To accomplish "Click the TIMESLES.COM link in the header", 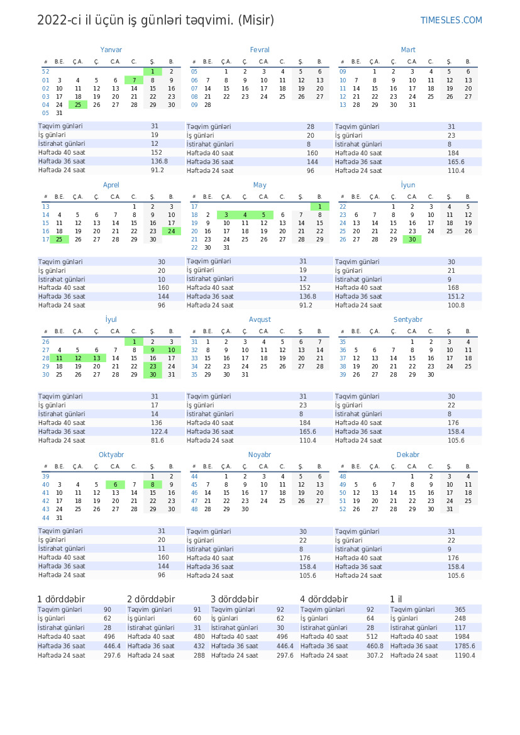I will pyautogui.click(x=451, y=21).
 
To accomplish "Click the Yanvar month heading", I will pyautogui.click(x=111, y=50).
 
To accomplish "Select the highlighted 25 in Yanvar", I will pyautogui.click(x=78, y=104).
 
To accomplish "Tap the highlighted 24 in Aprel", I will pyautogui.click(x=171, y=231).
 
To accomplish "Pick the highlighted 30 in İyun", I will pyautogui.click(x=412, y=240).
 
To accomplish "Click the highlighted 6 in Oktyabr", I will pyautogui.click(x=115, y=485).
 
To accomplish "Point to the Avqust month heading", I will pyautogui.click(x=260, y=319).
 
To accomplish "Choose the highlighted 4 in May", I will pyautogui.click(x=245, y=215).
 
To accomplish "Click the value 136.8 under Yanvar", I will pyautogui.click(x=160, y=162).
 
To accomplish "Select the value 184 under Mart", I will pyautogui.click(x=453, y=153).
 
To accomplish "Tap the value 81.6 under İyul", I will pyautogui.click(x=157, y=440).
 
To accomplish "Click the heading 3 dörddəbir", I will pyautogui.click(x=235, y=599).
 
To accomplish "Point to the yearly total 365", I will pyautogui.click(x=460, y=610).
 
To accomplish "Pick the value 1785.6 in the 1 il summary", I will pyautogui.click(x=465, y=646).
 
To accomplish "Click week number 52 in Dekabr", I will pyautogui.click(x=343, y=509).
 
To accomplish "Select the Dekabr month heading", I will pyautogui.click(x=408, y=455).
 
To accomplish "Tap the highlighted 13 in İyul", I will pyautogui.click(x=96, y=358).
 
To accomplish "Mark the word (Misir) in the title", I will pyautogui.click(x=257, y=21).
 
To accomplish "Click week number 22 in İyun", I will pyautogui.click(x=343, y=206).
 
